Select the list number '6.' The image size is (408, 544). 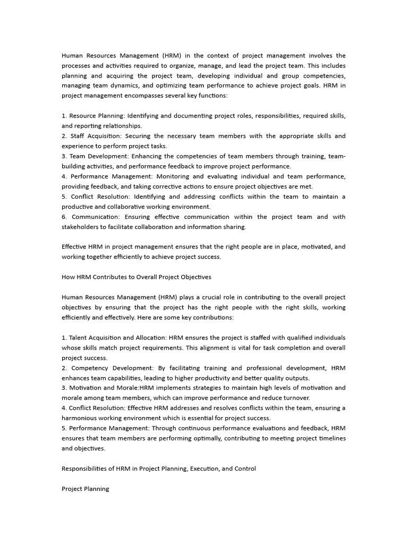point(64,217)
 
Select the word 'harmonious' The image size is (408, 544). point(80,418)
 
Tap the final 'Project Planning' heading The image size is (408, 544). point(85,489)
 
